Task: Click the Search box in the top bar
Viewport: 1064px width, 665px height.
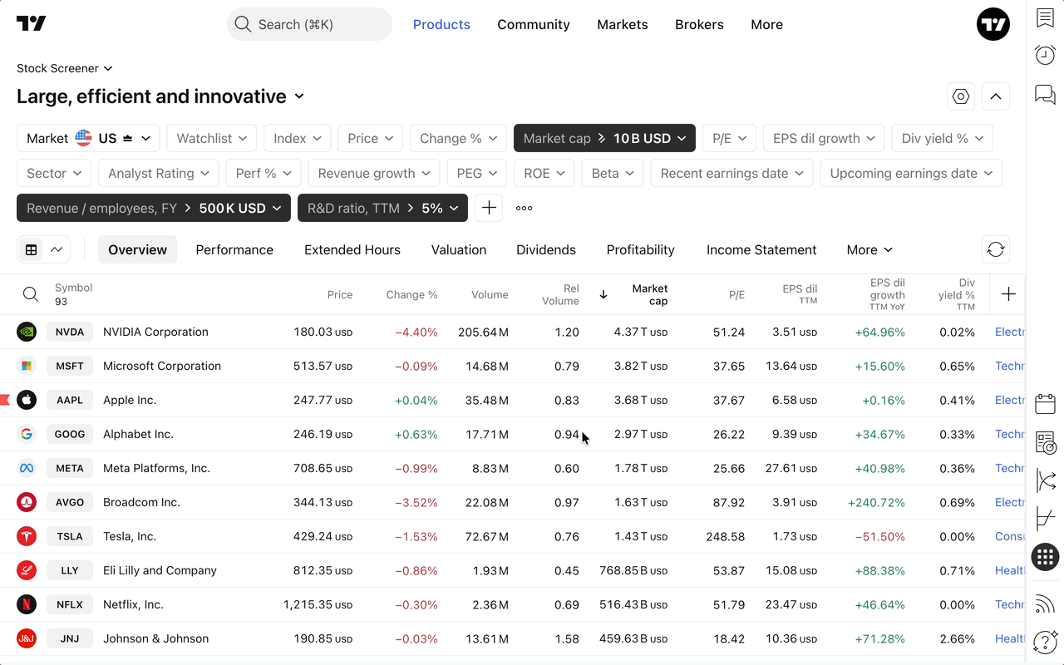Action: point(308,24)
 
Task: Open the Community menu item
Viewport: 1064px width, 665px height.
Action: point(534,24)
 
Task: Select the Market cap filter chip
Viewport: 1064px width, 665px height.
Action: point(604,138)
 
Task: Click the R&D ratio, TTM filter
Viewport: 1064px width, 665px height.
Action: point(382,208)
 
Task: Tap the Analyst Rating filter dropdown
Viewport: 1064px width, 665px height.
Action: point(158,173)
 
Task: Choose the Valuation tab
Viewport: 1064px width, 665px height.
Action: point(459,249)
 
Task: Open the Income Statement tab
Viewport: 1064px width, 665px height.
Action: point(761,249)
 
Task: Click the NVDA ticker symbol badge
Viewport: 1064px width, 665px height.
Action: point(70,332)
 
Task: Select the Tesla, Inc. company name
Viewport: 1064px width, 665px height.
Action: point(130,536)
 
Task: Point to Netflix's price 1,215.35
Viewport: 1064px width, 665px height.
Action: point(318,604)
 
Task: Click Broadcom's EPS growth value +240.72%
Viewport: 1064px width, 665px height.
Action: point(876,502)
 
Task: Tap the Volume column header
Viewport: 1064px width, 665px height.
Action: point(490,294)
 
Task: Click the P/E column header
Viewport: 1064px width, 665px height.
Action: point(736,294)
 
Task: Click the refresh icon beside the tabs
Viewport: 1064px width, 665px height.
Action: point(996,249)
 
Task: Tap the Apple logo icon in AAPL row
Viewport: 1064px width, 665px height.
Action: point(27,400)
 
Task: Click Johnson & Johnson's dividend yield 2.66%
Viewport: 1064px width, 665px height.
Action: point(957,638)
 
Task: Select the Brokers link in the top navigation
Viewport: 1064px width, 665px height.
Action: point(699,24)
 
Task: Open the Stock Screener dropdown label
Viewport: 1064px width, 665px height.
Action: point(64,68)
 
